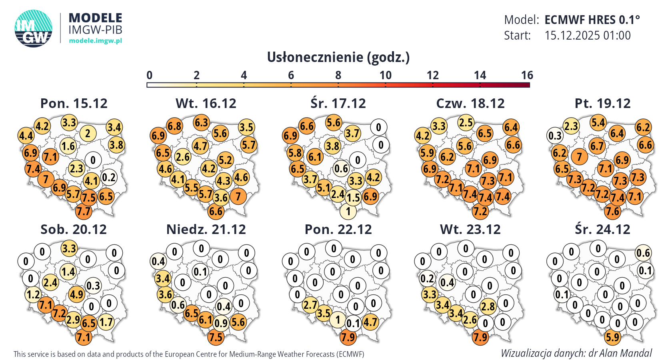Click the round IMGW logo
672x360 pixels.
pos(34,28)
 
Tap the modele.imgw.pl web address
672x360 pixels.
pos(95,41)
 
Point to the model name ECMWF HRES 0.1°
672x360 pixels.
pos(592,20)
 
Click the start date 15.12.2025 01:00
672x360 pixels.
pos(587,36)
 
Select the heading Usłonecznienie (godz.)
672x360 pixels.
pos(338,58)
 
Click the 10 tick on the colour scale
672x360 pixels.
pos(385,75)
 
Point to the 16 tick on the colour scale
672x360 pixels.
pos(527,75)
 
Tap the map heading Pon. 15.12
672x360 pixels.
pos(74,104)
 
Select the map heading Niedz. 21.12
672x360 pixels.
pos(206,230)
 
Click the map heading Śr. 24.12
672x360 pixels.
pos(602,230)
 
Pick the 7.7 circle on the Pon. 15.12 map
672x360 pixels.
pos(84,211)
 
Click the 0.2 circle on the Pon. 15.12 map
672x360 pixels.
pos(109,177)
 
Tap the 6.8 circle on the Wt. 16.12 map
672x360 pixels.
pos(174,126)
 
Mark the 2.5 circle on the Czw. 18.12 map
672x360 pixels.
pos(466,122)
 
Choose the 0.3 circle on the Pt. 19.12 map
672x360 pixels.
pos(555,136)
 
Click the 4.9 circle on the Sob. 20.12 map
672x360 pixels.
pos(76,295)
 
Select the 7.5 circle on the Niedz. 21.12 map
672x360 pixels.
pos(216,337)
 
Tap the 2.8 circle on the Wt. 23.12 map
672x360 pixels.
pos(488,307)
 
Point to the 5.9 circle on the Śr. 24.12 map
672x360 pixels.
pos(612,337)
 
